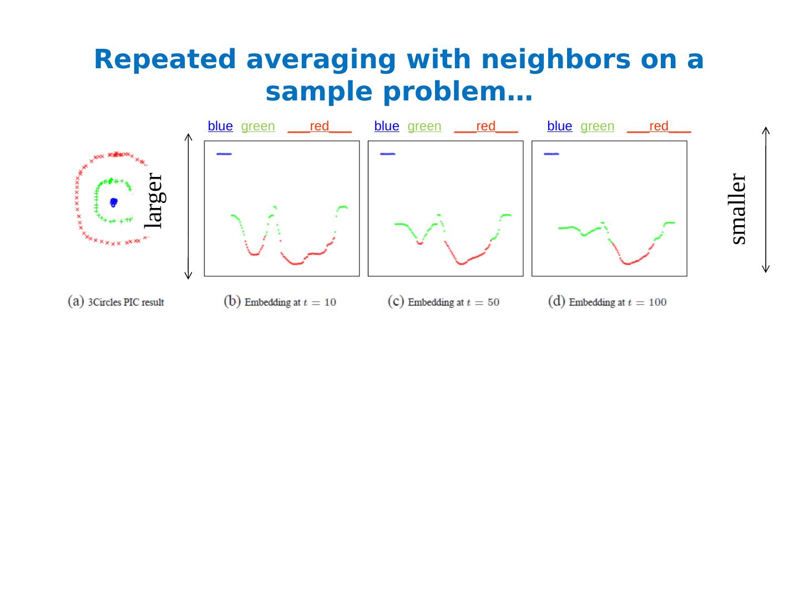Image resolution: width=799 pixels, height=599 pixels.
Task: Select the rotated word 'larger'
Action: [154, 201]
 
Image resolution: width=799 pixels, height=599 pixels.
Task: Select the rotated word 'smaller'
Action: [738, 209]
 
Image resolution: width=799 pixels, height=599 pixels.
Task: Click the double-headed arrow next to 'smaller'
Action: [766, 200]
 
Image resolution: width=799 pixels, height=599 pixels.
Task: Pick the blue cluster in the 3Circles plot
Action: [113, 202]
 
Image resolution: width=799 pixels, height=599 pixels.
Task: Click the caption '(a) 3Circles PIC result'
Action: [116, 302]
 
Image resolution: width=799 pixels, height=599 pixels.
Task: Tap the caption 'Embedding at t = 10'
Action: [280, 302]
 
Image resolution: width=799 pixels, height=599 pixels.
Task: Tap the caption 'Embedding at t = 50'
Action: [444, 302]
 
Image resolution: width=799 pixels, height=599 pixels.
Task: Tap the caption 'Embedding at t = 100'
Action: [608, 302]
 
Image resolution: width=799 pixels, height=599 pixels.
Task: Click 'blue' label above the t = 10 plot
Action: [220, 126]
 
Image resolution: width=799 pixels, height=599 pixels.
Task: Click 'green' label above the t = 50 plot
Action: [424, 126]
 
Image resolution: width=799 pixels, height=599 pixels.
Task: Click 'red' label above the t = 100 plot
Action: [659, 126]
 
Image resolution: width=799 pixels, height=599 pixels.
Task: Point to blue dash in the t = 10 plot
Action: [224, 154]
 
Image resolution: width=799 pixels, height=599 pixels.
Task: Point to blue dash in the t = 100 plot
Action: [552, 154]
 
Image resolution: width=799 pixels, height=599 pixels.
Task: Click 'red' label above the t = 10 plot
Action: [319, 126]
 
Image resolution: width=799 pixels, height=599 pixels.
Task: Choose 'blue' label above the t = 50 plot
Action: [387, 126]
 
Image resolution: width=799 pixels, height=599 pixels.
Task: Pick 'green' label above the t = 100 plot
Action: [597, 126]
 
